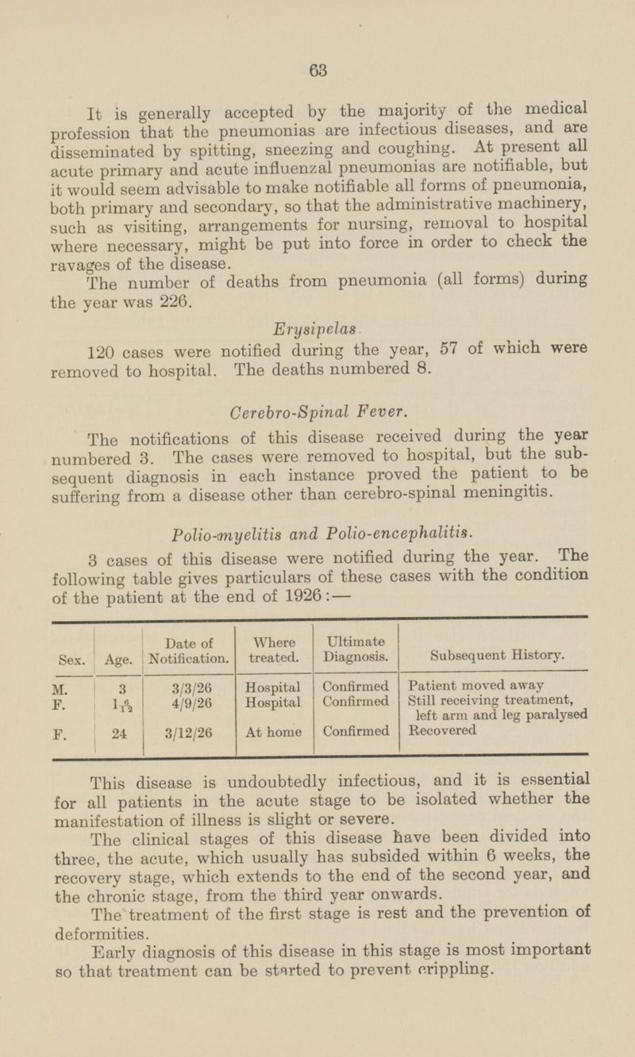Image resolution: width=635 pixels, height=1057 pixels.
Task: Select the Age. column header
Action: (116, 658)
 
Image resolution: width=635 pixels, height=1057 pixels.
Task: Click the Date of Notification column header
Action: (190, 650)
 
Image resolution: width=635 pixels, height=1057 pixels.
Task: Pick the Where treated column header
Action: (275, 650)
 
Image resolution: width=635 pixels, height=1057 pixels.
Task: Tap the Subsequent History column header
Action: (496, 657)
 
